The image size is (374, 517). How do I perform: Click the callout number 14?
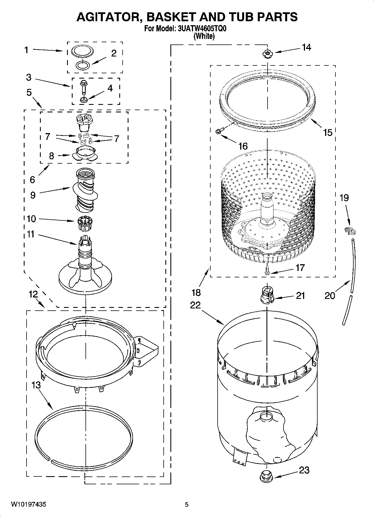[306, 48]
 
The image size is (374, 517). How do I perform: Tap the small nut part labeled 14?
[267, 53]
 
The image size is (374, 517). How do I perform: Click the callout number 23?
[304, 470]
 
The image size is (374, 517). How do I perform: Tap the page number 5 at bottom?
[187, 505]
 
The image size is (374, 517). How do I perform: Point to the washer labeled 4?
[83, 99]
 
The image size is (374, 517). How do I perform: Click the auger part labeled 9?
[85, 190]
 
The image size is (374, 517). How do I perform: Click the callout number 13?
[36, 385]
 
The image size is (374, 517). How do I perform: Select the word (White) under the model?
[204, 36]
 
